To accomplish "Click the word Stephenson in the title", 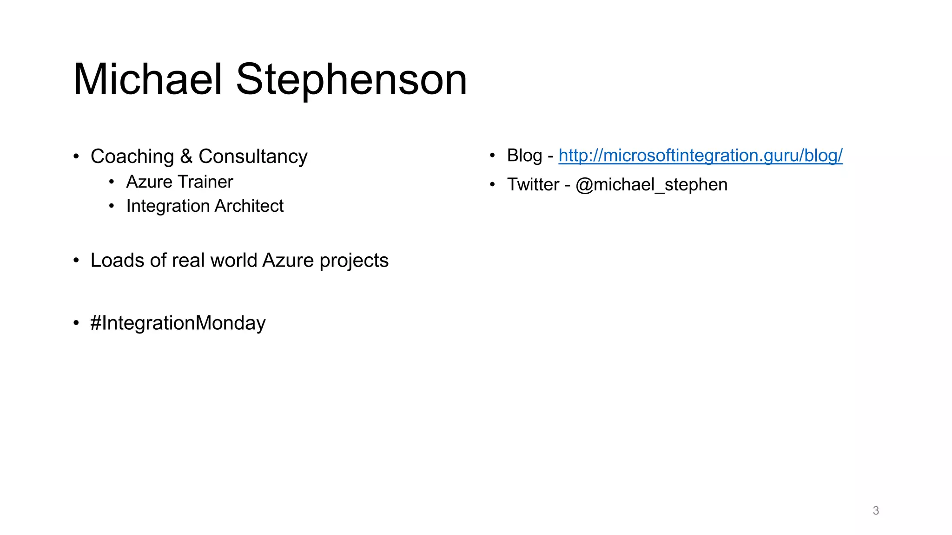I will (x=351, y=79).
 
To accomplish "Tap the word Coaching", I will (x=132, y=157).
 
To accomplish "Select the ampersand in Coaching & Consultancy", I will (x=186, y=156).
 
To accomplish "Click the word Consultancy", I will (x=253, y=157).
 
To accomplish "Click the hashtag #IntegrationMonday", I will (x=178, y=323).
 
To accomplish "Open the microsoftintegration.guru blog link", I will (x=700, y=156).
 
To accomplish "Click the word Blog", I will (x=524, y=156).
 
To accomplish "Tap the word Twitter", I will (x=533, y=185).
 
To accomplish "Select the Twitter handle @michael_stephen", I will (x=651, y=185).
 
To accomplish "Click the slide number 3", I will (x=876, y=511).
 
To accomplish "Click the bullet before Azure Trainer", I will (x=112, y=182).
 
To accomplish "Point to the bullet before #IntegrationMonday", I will (x=76, y=323).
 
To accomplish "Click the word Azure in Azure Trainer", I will (x=149, y=182).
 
